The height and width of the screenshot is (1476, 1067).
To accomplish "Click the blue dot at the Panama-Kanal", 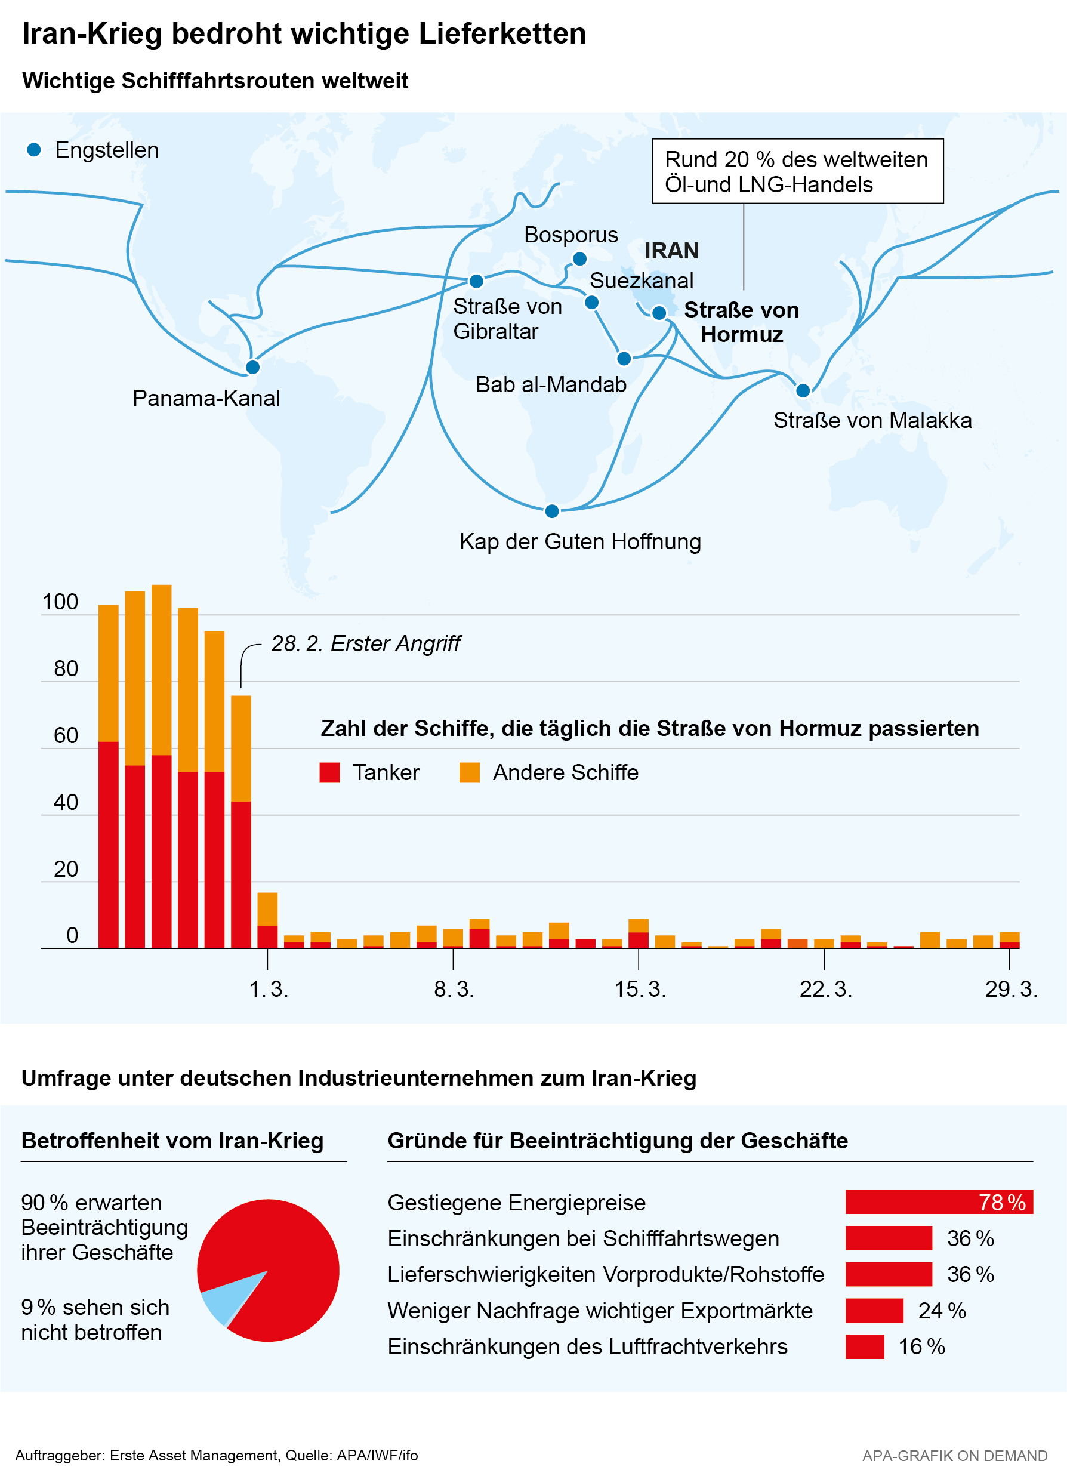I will tap(252, 367).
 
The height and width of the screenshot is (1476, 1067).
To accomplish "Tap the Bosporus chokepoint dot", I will tap(579, 259).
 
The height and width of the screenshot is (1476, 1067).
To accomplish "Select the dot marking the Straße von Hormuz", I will tap(659, 313).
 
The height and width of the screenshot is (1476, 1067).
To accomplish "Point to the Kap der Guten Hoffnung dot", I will tap(552, 511).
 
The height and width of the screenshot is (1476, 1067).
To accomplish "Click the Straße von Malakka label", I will tap(872, 420).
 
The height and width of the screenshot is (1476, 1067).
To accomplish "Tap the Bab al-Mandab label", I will tap(550, 384).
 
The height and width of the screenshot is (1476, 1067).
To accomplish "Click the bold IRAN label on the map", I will tap(671, 251).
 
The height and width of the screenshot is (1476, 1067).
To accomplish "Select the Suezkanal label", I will tap(641, 281).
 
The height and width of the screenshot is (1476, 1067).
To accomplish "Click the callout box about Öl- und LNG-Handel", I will tap(797, 171).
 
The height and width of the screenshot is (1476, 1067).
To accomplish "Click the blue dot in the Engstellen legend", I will tap(34, 150).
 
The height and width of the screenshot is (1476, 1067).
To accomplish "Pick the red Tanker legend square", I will tap(330, 772).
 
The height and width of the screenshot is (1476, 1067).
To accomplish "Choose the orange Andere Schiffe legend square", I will tap(469, 772).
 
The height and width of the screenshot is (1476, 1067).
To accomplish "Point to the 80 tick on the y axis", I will tap(66, 669).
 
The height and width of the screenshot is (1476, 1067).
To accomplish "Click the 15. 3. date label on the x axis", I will tap(640, 989).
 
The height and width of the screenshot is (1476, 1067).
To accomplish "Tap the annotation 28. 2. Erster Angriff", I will tap(366, 643).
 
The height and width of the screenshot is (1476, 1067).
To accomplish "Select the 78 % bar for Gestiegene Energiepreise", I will tap(939, 1202).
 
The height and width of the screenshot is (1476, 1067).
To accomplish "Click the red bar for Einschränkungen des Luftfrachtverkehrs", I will tap(865, 1346).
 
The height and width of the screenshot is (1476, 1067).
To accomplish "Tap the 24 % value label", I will tap(942, 1311).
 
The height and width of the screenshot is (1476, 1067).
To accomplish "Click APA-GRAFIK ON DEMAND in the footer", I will tap(954, 1456).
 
